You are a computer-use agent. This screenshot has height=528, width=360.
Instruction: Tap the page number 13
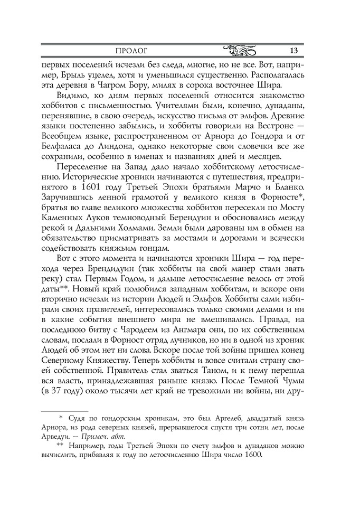pyautogui.click(x=294, y=51)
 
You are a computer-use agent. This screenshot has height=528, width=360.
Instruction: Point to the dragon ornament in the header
pyautogui.click(x=240, y=51)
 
